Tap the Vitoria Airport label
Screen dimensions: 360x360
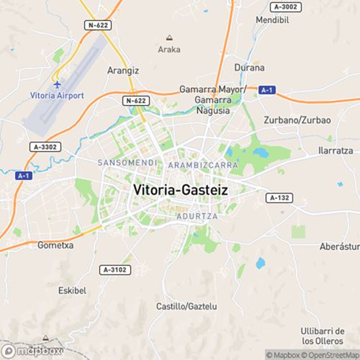click(57, 96)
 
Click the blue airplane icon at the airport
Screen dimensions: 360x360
click(57, 83)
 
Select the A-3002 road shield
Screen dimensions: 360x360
click(286, 6)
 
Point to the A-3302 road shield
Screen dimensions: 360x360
click(44, 147)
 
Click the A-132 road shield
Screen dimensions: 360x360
click(279, 197)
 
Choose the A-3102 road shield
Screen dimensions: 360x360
click(114, 269)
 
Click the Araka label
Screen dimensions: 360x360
click(169, 50)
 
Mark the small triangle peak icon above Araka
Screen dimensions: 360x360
click(169, 37)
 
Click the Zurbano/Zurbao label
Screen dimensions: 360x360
click(297, 120)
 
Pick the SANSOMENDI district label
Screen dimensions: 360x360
click(127, 163)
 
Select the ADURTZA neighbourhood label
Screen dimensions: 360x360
click(192, 215)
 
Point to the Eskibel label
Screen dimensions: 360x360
click(71, 291)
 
